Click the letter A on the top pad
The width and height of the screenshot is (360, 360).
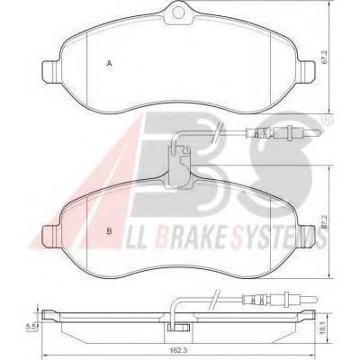pyautogui.click(x=110, y=63)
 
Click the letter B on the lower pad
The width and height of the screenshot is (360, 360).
pyautogui.click(x=110, y=231)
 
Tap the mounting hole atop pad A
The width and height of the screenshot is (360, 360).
pyautogui.click(x=178, y=13)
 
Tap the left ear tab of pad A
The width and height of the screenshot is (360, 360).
pyautogui.click(x=51, y=72)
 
